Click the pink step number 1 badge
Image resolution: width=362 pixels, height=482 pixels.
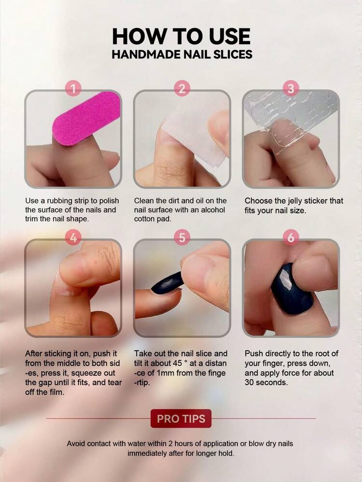click(x=73, y=89)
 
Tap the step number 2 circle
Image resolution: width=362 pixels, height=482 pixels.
click(x=182, y=89)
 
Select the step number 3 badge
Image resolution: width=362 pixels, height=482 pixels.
click(x=291, y=89)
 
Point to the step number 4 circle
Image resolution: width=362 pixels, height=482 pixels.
click(x=73, y=237)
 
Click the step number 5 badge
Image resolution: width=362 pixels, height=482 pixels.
click(x=182, y=237)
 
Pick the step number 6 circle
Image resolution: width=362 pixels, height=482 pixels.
click(x=291, y=237)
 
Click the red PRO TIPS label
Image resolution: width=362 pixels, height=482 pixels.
click(x=181, y=419)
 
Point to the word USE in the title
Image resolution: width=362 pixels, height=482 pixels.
click(x=229, y=36)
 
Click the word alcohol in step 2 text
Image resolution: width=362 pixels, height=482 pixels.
click(x=213, y=210)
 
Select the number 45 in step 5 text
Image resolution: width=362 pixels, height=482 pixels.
click(x=177, y=363)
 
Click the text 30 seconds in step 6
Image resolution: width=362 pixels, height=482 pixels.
click(x=266, y=383)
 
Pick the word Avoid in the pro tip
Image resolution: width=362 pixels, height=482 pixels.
click(x=76, y=443)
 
